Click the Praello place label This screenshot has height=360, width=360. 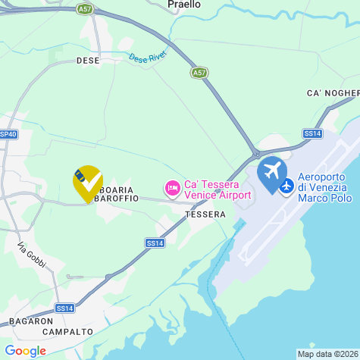(184, 5)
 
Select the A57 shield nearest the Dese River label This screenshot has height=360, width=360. (199, 73)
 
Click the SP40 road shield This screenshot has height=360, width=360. (8, 134)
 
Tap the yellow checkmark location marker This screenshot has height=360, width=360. (88, 182)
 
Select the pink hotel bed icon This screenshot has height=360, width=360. (173, 186)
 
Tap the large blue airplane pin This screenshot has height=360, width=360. (272, 171)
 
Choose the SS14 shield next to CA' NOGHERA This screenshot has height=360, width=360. (312, 133)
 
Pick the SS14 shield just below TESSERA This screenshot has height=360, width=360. (155, 243)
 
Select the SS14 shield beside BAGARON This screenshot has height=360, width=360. (65, 308)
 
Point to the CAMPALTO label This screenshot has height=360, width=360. (68, 332)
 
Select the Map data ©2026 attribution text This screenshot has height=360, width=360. (327, 354)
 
